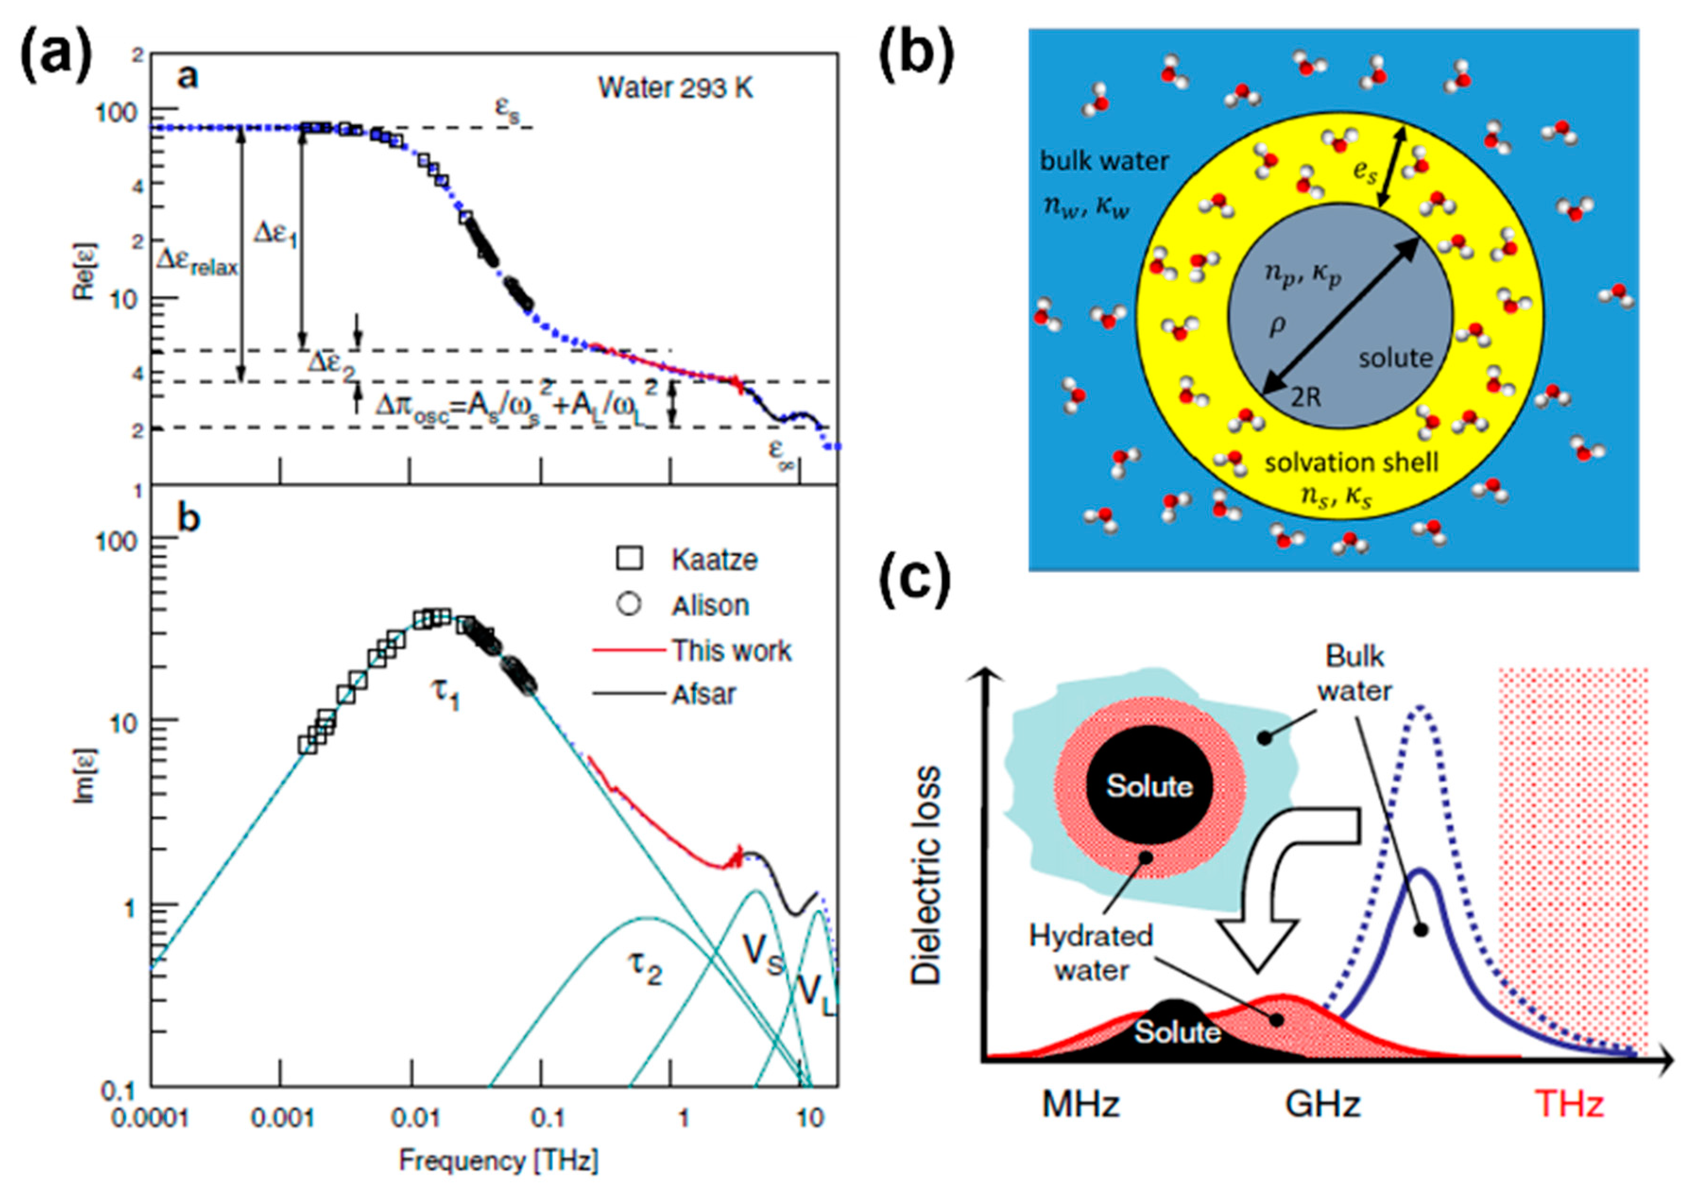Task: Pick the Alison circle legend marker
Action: (x=630, y=604)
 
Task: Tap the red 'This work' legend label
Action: (x=731, y=650)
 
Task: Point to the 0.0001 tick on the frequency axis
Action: (x=150, y=1117)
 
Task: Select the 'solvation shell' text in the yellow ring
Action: (x=1352, y=462)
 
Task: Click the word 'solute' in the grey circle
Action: (x=1396, y=358)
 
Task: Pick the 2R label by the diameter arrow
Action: (x=1305, y=397)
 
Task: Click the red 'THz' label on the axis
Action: (x=1568, y=1104)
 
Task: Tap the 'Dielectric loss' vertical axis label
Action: (x=926, y=876)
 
